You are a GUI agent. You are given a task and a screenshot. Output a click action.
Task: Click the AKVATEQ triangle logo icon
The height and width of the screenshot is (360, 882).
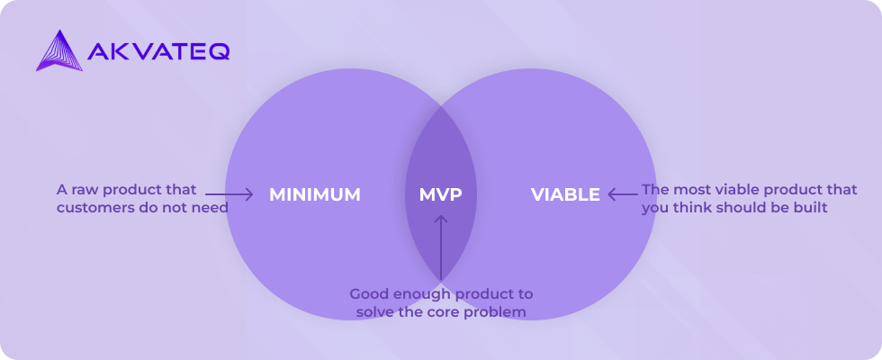(59, 51)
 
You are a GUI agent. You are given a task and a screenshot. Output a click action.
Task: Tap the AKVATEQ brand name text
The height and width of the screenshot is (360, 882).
(158, 52)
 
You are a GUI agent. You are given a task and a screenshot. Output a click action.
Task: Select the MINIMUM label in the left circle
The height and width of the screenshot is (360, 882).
(314, 194)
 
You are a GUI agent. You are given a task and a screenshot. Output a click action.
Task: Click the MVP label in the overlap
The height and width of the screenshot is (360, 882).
(440, 194)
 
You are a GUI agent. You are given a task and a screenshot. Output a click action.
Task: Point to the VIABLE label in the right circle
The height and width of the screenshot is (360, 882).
(565, 194)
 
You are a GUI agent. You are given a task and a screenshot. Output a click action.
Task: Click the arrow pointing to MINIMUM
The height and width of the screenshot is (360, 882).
(229, 194)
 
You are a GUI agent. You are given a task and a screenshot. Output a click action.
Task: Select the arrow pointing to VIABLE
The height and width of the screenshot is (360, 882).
(625, 194)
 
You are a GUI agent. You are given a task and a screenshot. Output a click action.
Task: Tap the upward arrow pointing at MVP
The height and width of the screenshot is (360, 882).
(440, 247)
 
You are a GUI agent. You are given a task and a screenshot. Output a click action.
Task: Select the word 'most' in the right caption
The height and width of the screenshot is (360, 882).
(689, 190)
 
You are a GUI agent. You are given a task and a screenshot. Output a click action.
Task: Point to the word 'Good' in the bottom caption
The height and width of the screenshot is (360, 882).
(365, 294)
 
